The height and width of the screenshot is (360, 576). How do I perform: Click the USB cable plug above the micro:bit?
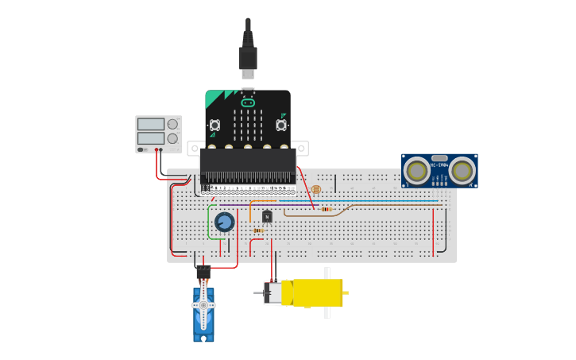click(248, 57)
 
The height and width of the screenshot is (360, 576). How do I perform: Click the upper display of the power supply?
click(151, 124)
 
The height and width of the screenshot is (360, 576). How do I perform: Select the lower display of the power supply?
click(151, 138)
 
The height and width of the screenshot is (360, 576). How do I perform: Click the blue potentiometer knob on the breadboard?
click(224, 222)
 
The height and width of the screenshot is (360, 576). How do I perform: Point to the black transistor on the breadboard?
click(267, 216)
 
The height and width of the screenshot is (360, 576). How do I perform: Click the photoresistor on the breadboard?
click(316, 190)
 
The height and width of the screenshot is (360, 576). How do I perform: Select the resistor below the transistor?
click(258, 230)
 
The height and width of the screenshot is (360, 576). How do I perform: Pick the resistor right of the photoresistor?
click(326, 209)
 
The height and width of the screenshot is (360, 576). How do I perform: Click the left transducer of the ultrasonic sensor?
click(417, 171)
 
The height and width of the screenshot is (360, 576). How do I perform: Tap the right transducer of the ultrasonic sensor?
click(462, 171)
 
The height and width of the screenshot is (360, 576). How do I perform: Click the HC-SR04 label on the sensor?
click(439, 165)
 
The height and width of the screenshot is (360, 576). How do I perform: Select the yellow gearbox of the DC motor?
click(313, 292)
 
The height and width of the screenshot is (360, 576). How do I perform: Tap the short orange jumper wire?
click(251, 208)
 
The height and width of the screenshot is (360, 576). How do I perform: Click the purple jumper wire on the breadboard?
click(234, 205)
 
